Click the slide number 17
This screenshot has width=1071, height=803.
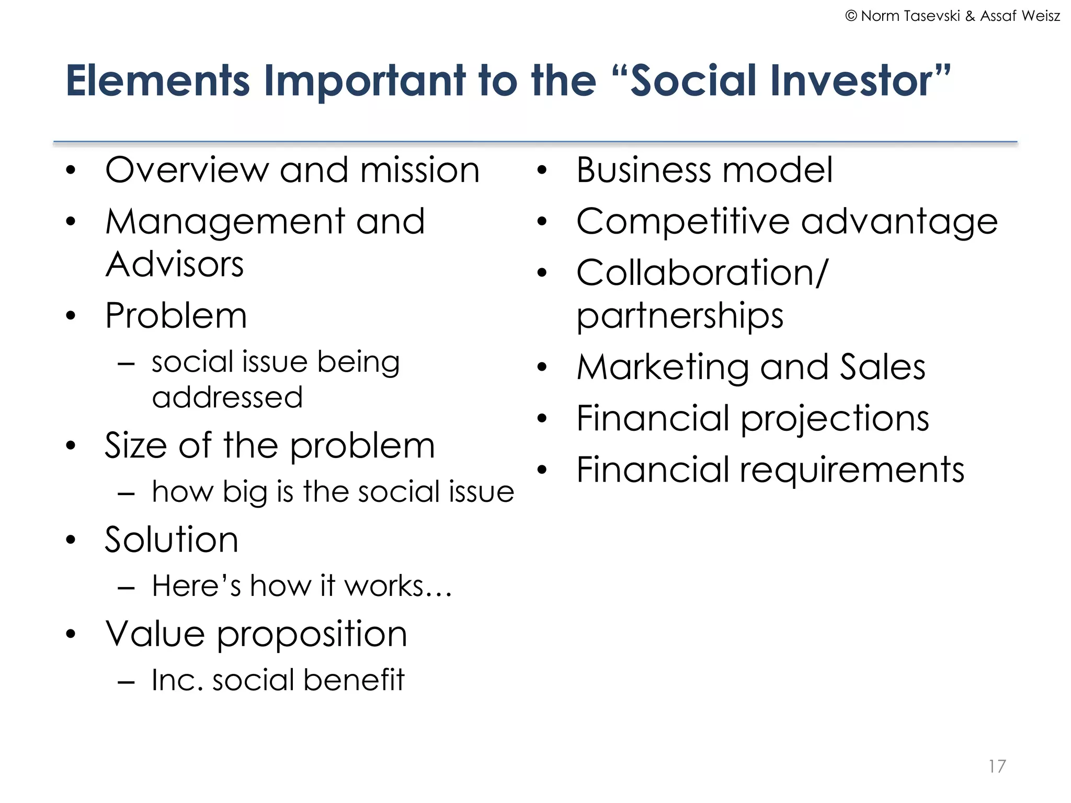tap(997, 766)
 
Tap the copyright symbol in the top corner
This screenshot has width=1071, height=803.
tap(851, 16)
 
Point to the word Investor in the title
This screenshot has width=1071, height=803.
tap(853, 81)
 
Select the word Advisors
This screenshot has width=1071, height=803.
tap(175, 264)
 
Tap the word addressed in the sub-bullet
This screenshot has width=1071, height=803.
tap(227, 397)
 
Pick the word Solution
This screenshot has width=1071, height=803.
tap(172, 540)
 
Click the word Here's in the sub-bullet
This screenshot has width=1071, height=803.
tap(196, 586)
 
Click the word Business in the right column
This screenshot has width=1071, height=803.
tap(644, 170)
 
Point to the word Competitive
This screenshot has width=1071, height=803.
tap(682, 222)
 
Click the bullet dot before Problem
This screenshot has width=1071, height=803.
tap(71, 316)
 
